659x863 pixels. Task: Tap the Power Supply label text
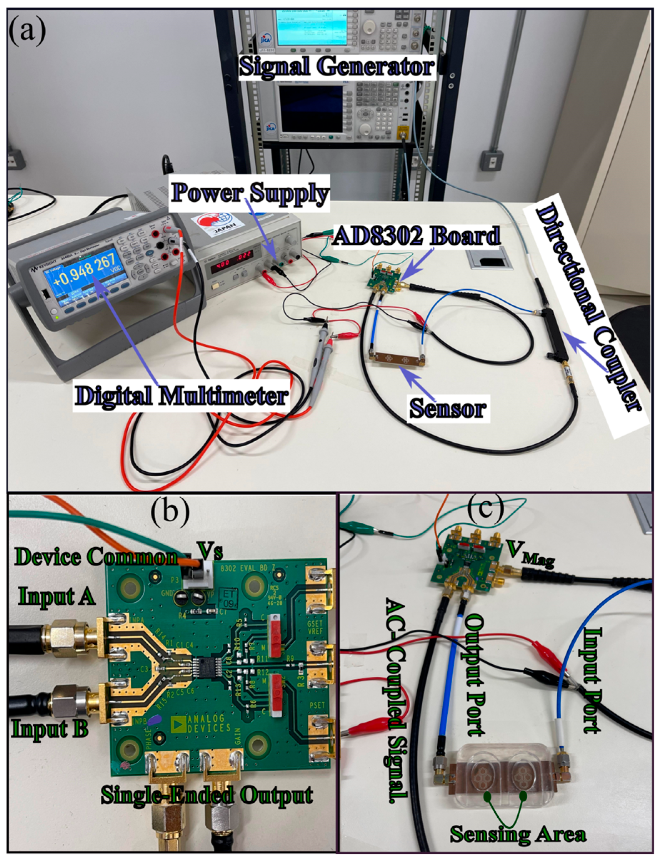(250, 194)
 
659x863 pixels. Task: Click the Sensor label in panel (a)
(448, 409)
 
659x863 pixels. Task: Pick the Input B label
(49, 729)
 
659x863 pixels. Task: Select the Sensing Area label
(517, 834)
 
